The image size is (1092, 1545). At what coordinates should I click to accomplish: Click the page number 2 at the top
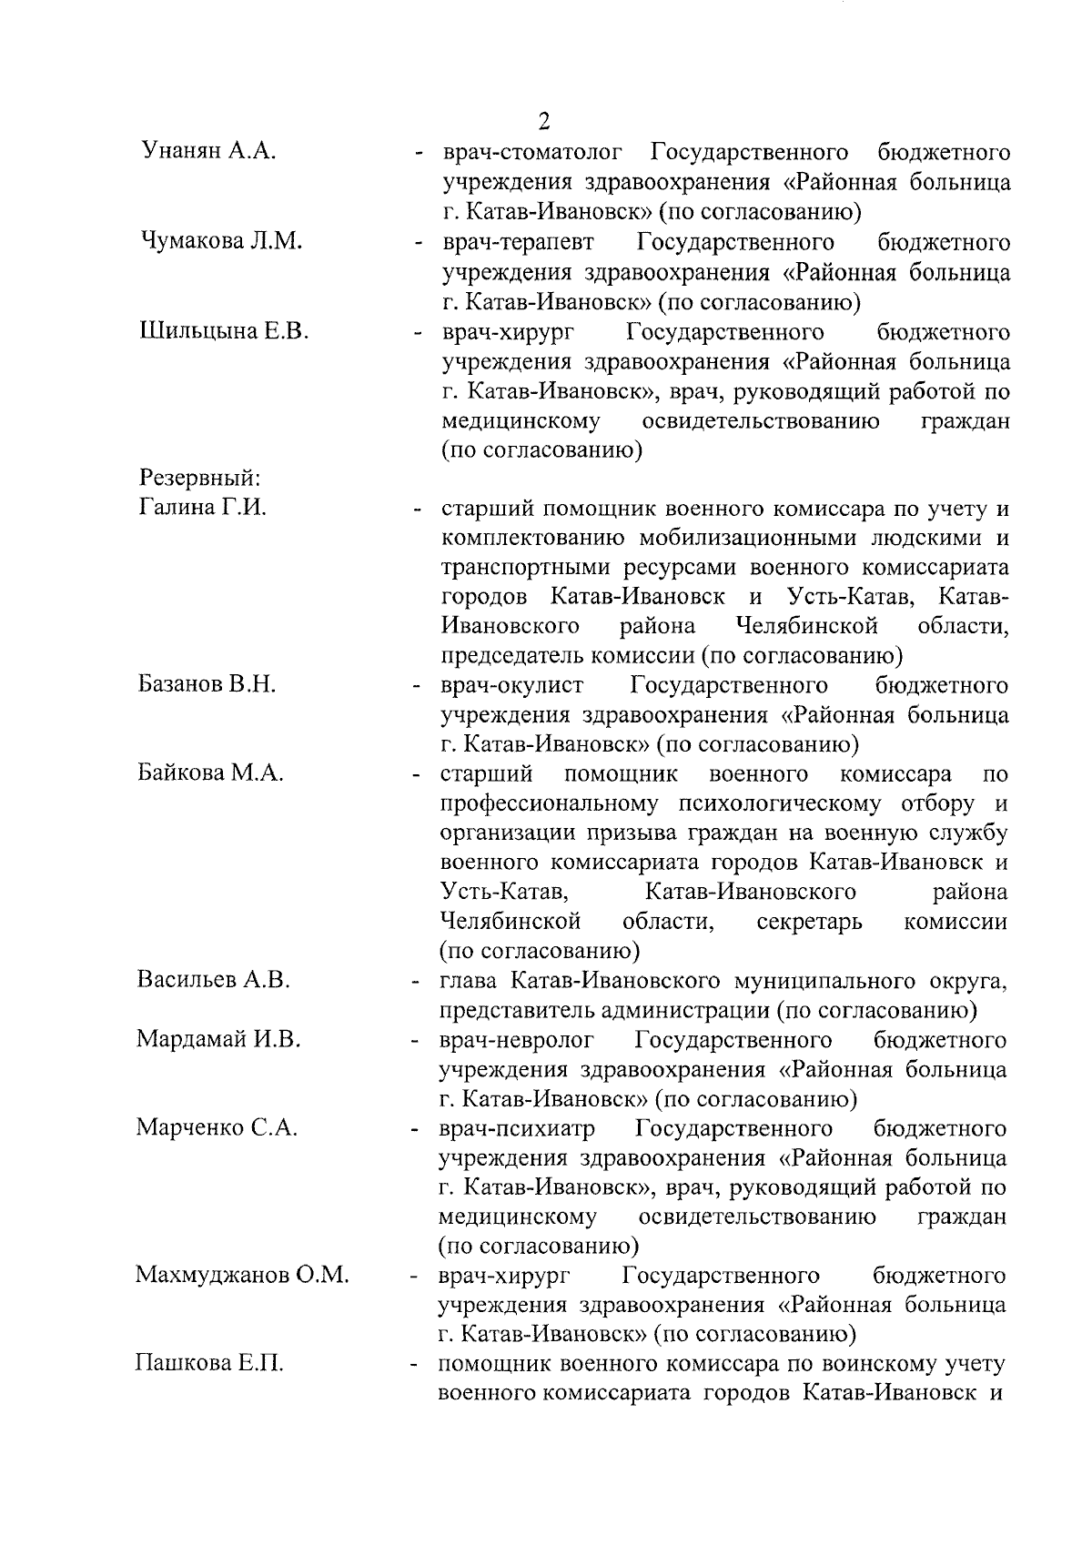[x=544, y=123]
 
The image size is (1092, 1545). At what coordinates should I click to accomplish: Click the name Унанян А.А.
[x=208, y=152]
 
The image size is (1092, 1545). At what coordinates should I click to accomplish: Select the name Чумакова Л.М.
[x=221, y=241]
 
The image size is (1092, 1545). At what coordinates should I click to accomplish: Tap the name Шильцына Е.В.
[x=224, y=330]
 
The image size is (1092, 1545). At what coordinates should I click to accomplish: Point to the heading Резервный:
[x=199, y=479]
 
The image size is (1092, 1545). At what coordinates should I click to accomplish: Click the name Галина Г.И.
[x=202, y=508]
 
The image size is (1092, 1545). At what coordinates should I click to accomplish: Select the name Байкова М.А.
[x=211, y=773]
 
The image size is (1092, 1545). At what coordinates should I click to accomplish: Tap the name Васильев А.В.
[x=213, y=980]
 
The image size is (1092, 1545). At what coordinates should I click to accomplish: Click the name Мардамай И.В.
[x=218, y=1039]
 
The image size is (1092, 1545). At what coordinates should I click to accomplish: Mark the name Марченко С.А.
[x=217, y=1128]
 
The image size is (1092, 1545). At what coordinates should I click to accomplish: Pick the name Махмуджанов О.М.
[x=242, y=1276]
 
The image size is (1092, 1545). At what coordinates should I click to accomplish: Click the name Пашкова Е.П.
[x=209, y=1364]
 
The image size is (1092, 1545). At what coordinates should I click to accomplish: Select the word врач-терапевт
[x=519, y=242]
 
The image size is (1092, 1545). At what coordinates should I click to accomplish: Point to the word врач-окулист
[x=513, y=684]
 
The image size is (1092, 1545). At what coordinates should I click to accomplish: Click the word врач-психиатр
[x=517, y=1129]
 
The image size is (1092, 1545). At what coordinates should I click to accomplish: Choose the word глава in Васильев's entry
[x=468, y=981]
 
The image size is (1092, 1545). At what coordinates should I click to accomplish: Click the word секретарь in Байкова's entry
[x=809, y=922]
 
